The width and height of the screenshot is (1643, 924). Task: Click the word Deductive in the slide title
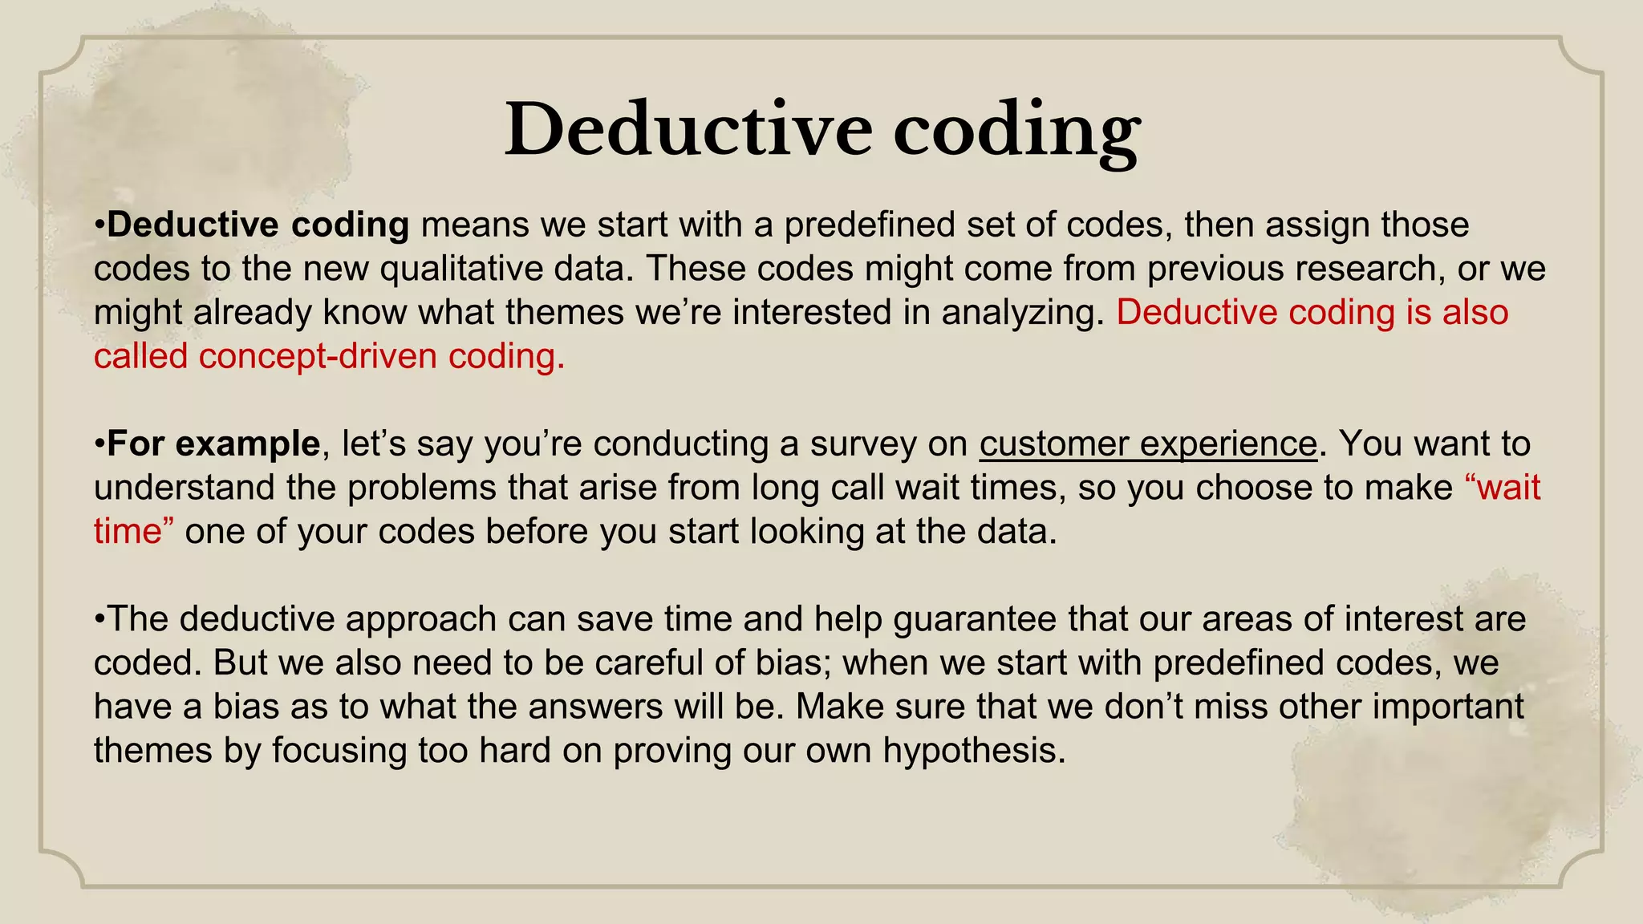688,130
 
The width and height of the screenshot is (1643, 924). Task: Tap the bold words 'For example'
213,444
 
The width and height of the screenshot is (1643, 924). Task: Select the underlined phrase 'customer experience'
1147,444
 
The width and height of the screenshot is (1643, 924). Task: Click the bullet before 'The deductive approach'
99,620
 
